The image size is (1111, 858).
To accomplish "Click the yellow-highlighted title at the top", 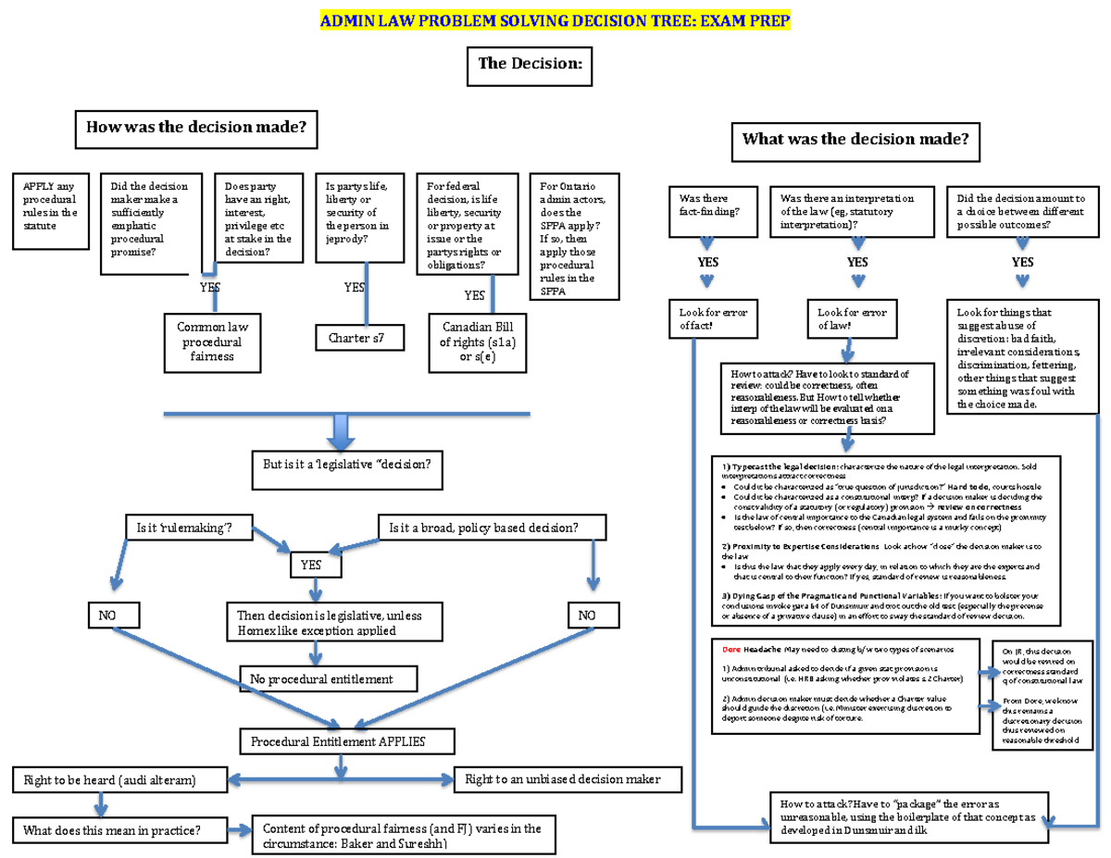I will pyautogui.click(x=555, y=21).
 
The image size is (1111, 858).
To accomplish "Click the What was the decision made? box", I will pyautogui.click(x=856, y=141).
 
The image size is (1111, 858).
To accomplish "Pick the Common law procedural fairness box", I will pyautogui.click(x=214, y=342).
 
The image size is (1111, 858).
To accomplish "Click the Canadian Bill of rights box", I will pyautogui.click(x=478, y=342).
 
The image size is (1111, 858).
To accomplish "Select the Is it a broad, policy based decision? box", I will pyautogui.click(x=492, y=528).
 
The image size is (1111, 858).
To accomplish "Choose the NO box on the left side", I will pyautogui.click(x=113, y=614).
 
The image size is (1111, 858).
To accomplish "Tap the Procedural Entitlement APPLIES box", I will pyautogui.click(x=347, y=740).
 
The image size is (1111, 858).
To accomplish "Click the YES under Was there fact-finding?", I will pyautogui.click(x=708, y=262).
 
